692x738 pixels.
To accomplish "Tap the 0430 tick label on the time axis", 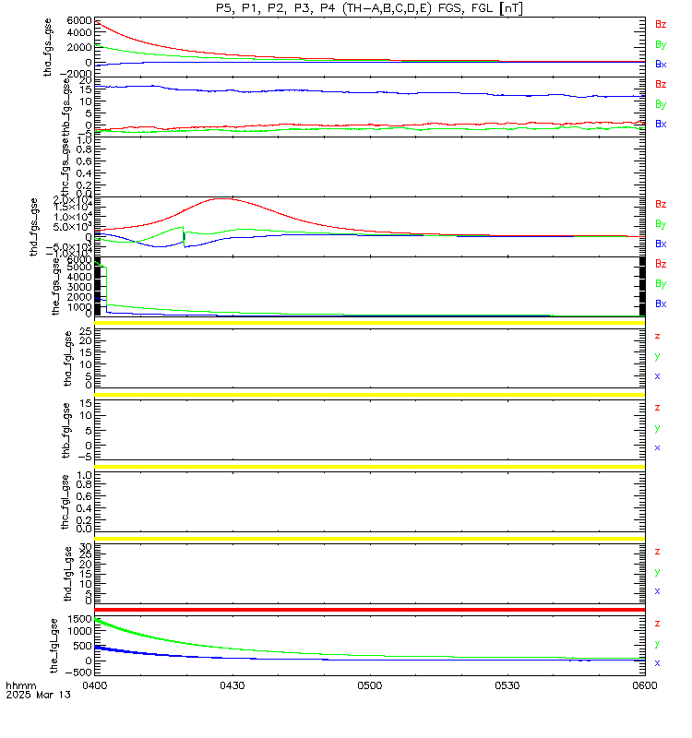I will [232, 686].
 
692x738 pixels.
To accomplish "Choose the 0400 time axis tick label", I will [95, 686].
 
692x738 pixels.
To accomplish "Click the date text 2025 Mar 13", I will [30, 696].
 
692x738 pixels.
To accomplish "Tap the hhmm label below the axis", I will [19, 686].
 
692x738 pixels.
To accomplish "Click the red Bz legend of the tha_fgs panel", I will [661, 24].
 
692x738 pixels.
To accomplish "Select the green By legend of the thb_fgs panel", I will [661, 104].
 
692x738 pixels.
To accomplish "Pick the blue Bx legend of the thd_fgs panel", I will [661, 244].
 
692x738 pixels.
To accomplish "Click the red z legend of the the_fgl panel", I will [657, 624].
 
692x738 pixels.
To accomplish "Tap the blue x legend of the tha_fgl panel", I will [657, 376].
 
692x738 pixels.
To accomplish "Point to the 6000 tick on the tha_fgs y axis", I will [79, 20].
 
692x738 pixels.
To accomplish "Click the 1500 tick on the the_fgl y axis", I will [79, 619].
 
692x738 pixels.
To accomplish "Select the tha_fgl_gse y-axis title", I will [66, 361].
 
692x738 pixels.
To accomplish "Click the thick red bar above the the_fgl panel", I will [369, 610].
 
